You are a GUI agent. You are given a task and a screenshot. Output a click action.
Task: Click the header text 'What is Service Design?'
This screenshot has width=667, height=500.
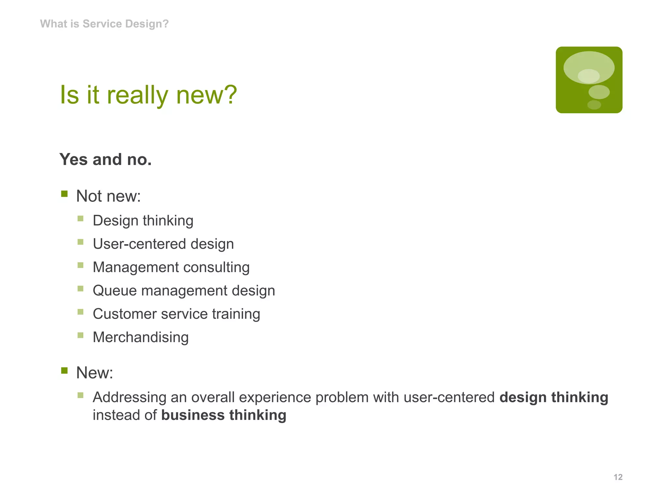coord(104,24)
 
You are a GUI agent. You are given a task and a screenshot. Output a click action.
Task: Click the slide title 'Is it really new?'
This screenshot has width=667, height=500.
coord(149,95)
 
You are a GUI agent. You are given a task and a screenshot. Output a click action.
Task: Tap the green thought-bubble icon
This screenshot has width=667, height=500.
coord(589,80)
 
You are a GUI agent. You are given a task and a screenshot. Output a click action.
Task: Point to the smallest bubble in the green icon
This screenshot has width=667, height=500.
coord(594,105)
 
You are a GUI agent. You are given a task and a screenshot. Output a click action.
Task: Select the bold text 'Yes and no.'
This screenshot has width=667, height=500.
coord(106,160)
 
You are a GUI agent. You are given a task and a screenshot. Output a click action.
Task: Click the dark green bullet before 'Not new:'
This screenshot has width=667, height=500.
coord(64,194)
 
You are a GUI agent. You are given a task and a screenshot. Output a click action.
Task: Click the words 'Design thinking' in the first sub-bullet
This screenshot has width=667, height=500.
coord(143,220)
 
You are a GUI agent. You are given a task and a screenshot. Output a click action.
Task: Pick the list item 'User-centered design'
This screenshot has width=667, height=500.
coord(163,244)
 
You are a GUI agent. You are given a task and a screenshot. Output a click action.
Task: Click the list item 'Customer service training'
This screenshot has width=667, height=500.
coord(176,314)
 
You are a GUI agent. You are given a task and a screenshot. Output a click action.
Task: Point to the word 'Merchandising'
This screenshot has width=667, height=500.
coord(141,337)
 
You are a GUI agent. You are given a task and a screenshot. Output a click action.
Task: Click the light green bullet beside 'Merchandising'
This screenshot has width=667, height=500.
coord(80,335)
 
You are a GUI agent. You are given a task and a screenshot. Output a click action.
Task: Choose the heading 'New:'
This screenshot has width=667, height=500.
coord(94,373)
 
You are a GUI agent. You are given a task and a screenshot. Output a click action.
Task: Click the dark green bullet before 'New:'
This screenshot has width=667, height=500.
coord(64,371)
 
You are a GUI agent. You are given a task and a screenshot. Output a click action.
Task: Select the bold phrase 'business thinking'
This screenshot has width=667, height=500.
coord(224,415)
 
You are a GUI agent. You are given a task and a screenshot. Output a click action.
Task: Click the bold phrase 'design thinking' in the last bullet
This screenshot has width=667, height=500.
coord(554,397)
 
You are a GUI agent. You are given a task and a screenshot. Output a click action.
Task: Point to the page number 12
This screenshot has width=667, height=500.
coord(618,477)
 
